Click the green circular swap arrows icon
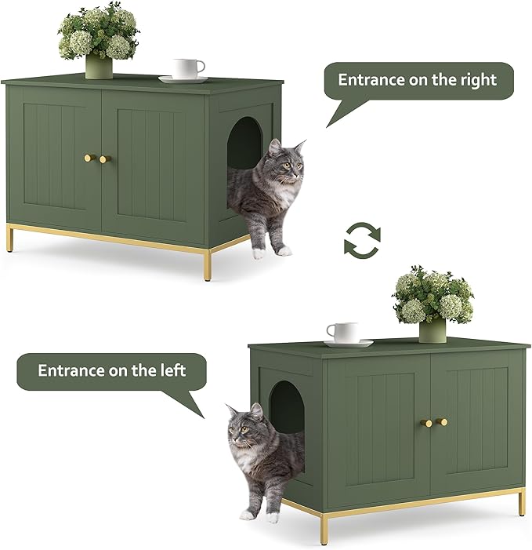362,238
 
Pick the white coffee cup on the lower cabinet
342,332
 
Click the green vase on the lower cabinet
432,330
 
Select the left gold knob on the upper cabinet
89,158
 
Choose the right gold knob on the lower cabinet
443,422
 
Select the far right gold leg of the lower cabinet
522,502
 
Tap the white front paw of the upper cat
259,253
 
